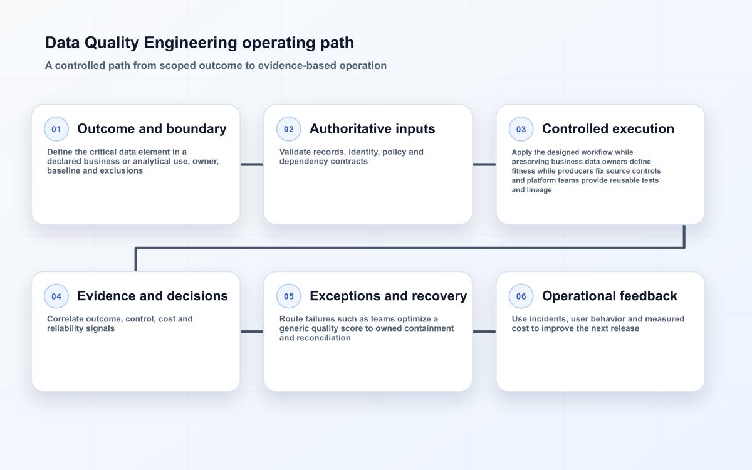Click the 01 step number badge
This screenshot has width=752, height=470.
[x=56, y=129]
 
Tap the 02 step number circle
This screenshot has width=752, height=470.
[x=289, y=129]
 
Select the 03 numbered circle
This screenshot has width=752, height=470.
[x=521, y=129]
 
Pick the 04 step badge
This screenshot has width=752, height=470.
[x=56, y=296]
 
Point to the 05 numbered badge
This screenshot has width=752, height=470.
[x=289, y=296]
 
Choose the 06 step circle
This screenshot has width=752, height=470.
[x=521, y=296]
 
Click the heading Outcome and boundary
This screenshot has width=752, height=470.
[x=152, y=129]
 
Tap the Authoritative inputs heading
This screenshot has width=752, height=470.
[x=372, y=129]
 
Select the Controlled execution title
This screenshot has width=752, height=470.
[x=608, y=129]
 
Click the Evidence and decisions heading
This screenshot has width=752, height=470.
[x=152, y=296]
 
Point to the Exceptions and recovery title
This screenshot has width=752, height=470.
[x=388, y=296]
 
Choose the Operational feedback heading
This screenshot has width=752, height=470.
[x=609, y=296]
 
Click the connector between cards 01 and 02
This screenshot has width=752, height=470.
[x=252, y=164]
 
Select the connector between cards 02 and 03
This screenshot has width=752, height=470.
[x=484, y=164]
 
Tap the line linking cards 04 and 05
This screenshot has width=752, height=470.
[x=252, y=332]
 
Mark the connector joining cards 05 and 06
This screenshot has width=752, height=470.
[x=484, y=332]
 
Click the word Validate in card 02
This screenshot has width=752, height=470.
[x=296, y=152]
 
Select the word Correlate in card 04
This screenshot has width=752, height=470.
[x=65, y=319]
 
